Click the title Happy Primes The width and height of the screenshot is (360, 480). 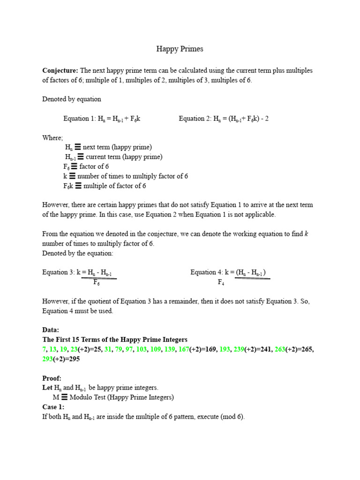[x=180, y=49]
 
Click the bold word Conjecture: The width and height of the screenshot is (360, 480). [x=60, y=70]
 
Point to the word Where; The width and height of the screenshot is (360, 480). [x=52, y=138]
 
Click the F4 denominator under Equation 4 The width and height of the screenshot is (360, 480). [x=221, y=282]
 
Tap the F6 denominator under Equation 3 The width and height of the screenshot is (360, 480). [x=96, y=282]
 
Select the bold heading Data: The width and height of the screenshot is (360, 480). [x=51, y=330]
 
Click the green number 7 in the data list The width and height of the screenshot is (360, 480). [x=44, y=349]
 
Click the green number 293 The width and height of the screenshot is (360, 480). [x=48, y=359]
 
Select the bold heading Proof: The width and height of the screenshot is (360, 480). [x=52, y=378]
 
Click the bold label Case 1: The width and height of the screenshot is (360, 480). [x=53, y=407]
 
